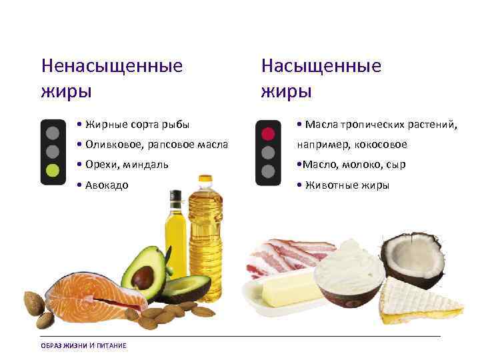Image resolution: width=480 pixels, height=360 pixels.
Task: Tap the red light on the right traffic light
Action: tap(267, 133)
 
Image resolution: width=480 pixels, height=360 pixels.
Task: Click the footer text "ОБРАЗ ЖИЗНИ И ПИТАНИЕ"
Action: tap(83, 345)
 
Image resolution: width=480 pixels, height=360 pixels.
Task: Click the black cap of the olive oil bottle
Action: tap(175, 197)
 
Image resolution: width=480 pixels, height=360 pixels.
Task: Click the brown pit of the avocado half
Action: tap(142, 275)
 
